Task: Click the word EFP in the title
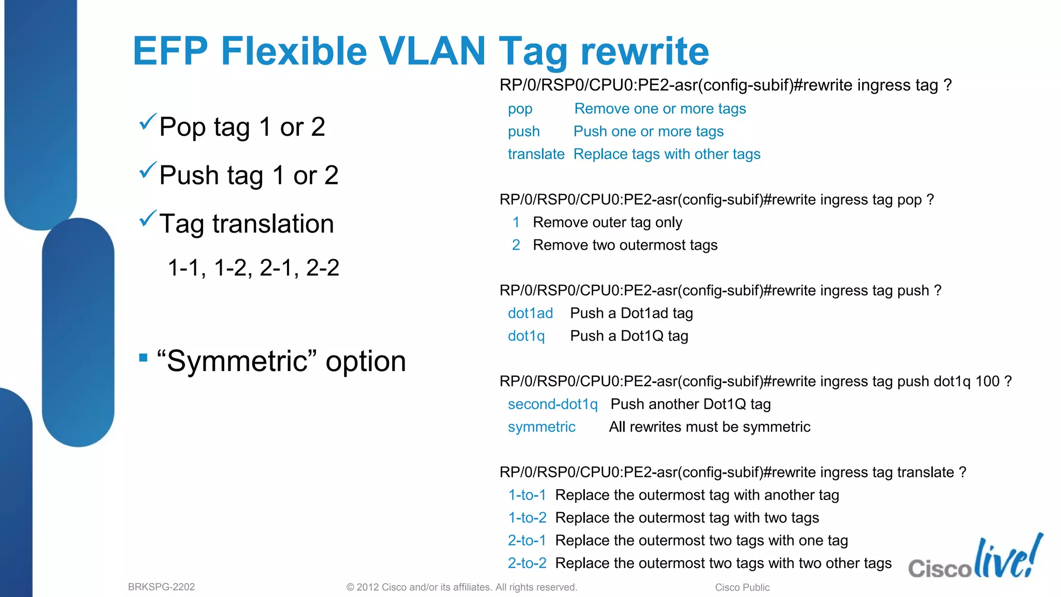(170, 51)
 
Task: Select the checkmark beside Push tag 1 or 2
(148, 170)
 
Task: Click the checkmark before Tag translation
(148, 219)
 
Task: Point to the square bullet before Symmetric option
(144, 358)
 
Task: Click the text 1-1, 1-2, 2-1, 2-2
(253, 268)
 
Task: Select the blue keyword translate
(536, 154)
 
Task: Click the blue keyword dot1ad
(530, 313)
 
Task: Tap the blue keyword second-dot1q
(552, 404)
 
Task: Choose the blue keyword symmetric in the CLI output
(541, 427)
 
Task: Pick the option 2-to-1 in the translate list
(527, 541)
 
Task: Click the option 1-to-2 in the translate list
(527, 518)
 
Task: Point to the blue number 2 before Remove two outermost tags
(516, 245)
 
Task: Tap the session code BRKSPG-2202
(161, 587)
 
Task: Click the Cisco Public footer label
(742, 588)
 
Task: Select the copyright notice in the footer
(461, 587)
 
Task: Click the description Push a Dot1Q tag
(629, 336)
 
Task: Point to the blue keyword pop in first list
(520, 109)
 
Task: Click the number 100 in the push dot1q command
(987, 381)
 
